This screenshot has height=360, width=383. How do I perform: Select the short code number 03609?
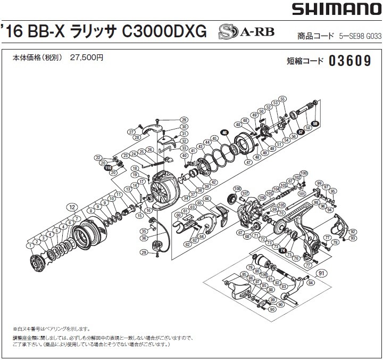click(x=349, y=61)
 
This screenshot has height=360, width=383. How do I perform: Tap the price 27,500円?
click(x=86, y=59)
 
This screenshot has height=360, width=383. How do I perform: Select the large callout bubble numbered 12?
click(x=70, y=206)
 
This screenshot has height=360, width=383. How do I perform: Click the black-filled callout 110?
click(x=108, y=168)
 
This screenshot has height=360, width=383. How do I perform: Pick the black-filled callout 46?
click(x=224, y=133)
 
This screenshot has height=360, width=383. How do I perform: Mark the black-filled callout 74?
click(x=283, y=250)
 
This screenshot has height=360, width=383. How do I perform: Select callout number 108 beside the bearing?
click(x=237, y=189)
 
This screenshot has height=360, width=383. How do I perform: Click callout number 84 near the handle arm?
click(x=310, y=284)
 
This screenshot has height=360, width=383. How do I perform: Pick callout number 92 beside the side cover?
click(x=353, y=232)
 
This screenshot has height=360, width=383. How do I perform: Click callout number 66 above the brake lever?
click(x=206, y=199)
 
